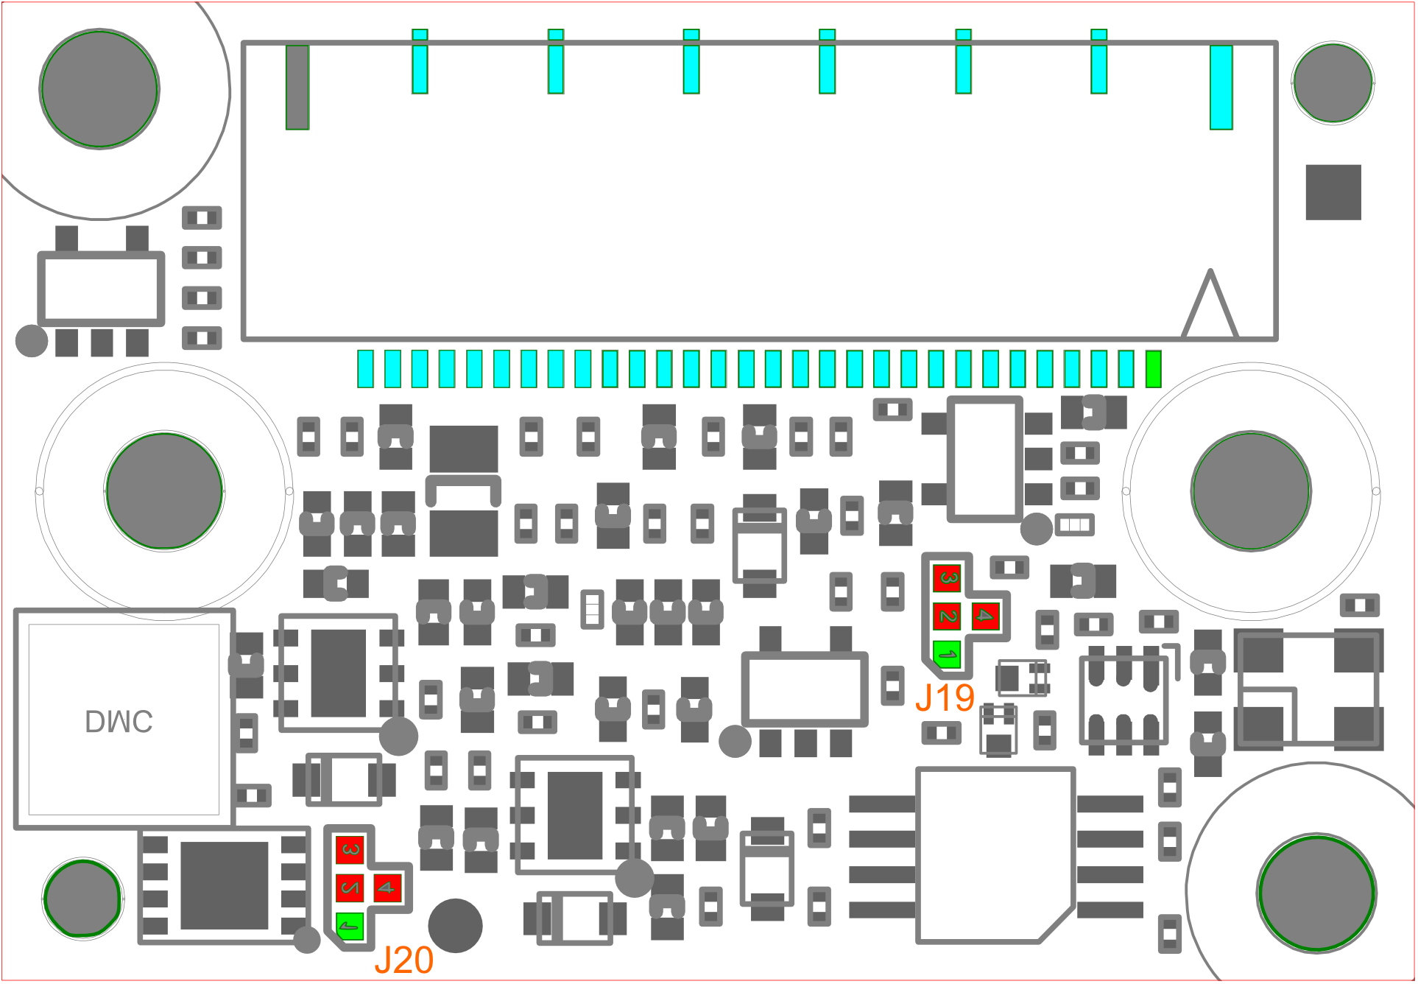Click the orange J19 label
click(x=945, y=697)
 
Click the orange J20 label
click(x=404, y=960)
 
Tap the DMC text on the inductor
click(x=119, y=722)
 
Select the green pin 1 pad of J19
click(x=947, y=654)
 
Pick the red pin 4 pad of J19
click(x=985, y=616)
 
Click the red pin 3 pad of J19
click(x=947, y=578)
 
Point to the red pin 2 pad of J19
click(x=947, y=616)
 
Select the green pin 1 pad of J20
click(x=350, y=926)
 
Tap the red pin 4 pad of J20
click(x=387, y=888)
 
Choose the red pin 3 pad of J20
click(x=350, y=850)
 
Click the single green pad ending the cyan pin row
click(x=1154, y=369)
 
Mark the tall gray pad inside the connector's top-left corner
click(x=297, y=87)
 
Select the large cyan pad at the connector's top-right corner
click(x=1221, y=87)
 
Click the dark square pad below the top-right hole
click(x=1333, y=192)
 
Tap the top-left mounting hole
click(x=99, y=89)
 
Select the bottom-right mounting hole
click(x=1316, y=894)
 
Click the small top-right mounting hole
click(x=1333, y=82)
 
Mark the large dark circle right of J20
click(x=455, y=926)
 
